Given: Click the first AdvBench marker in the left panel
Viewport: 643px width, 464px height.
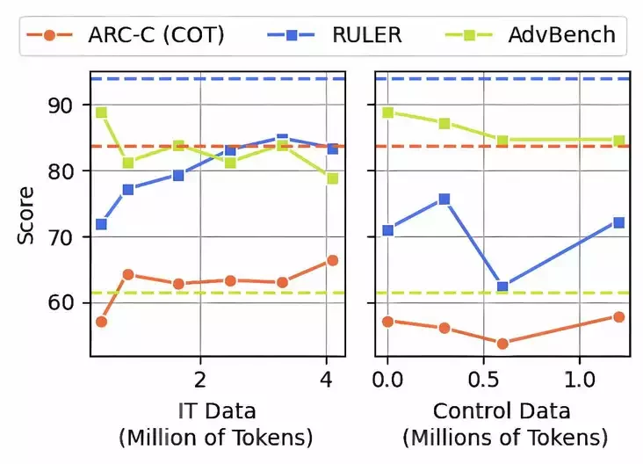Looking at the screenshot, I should click(x=101, y=112).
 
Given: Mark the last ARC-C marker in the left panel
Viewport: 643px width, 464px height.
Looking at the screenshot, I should click(x=332, y=260).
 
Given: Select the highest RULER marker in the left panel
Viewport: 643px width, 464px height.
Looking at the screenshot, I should click(x=282, y=139).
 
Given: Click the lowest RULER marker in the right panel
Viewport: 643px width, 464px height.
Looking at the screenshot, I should click(x=502, y=286).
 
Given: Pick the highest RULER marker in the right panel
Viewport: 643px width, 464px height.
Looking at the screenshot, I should click(x=444, y=199).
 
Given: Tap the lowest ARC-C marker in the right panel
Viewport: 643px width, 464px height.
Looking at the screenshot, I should click(x=502, y=344).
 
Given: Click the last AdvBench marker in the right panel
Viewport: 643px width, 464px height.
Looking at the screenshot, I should click(x=618, y=141).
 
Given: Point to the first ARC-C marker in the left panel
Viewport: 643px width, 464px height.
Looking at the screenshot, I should click(x=101, y=322).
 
